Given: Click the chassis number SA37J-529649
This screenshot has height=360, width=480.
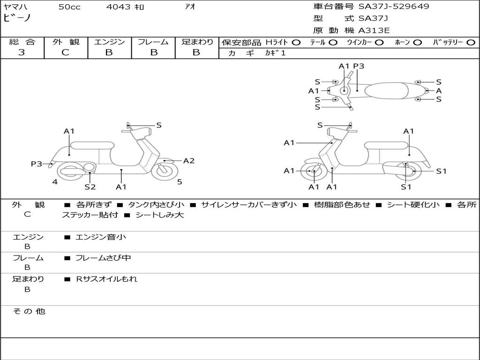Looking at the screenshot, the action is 394,7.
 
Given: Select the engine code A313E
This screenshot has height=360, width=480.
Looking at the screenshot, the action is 374,30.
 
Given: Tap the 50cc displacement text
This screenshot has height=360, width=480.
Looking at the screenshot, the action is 69,7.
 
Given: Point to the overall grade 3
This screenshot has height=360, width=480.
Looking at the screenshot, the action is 22,52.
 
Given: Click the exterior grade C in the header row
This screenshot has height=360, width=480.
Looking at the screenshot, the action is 65,52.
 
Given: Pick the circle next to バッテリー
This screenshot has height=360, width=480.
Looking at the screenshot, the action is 471,43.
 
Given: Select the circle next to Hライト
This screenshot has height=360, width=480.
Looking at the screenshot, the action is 296,43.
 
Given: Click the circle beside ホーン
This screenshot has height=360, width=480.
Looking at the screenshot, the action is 417,43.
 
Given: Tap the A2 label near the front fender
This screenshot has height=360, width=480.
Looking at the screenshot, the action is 189,161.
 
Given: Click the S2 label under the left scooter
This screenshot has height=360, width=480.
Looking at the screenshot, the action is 90,187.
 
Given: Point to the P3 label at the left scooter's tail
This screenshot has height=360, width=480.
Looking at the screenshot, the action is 37,164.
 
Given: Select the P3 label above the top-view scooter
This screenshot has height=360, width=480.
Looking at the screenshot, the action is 359,66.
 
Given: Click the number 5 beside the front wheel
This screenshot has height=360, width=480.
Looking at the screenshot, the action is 180,182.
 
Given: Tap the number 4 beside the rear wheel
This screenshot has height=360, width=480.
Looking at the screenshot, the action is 55,182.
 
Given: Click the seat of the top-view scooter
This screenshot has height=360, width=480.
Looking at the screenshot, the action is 386,90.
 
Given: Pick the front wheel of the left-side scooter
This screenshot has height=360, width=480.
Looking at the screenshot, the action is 165,171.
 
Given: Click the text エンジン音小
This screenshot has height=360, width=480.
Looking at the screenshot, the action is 101,237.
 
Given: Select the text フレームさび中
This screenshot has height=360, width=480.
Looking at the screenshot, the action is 103,258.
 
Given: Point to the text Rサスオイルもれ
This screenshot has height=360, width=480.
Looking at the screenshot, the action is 106,279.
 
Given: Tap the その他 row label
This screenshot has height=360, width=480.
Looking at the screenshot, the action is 29,311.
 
